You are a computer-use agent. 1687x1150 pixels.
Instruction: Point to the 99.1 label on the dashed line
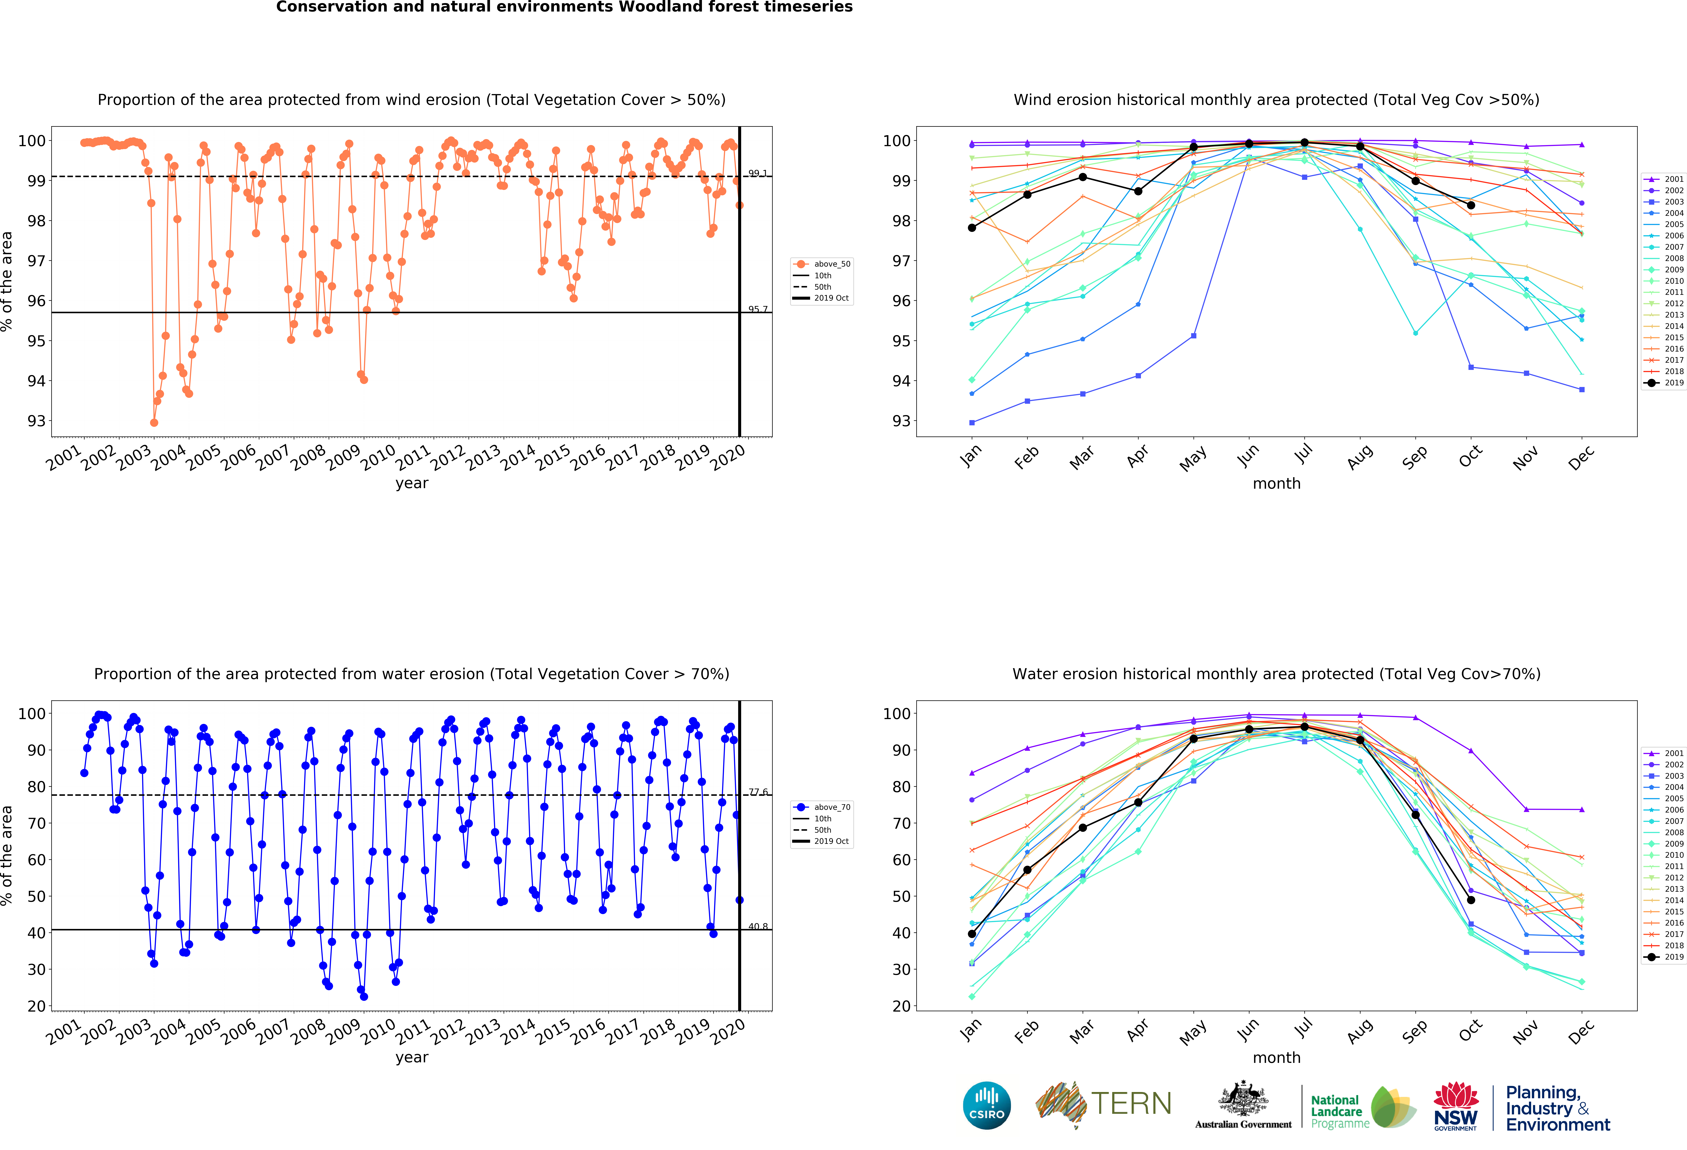click(x=758, y=173)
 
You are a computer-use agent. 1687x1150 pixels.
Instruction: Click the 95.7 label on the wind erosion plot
click(x=758, y=309)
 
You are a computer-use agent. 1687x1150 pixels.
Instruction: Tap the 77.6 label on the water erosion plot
click(x=758, y=792)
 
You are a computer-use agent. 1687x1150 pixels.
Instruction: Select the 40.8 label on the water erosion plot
click(x=758, y=926)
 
